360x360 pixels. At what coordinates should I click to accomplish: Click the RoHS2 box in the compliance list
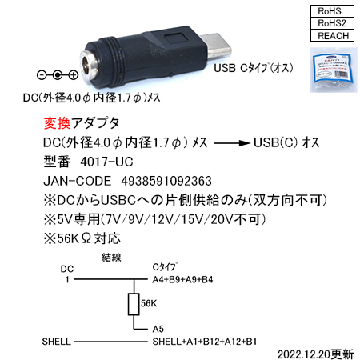332,23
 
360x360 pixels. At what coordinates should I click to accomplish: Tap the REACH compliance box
332,35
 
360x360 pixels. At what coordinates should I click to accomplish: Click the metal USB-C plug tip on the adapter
216,45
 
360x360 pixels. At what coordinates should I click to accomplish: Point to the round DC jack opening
90,65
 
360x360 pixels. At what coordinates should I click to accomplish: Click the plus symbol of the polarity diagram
73,75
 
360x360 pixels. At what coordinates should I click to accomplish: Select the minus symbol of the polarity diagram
42,75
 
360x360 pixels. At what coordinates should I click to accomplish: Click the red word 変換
58,123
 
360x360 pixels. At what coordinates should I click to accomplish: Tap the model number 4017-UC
106,162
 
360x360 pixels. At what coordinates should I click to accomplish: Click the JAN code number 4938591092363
166,181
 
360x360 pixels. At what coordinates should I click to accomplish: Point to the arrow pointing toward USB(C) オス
231,143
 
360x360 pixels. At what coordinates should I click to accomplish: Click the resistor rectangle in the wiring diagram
134,304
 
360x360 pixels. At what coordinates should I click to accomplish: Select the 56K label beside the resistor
149,303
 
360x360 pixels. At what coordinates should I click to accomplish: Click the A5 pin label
158,329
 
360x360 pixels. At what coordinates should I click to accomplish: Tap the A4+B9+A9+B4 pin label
182,279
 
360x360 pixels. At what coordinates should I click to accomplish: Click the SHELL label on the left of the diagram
56,342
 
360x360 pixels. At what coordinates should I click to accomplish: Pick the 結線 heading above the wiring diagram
111,258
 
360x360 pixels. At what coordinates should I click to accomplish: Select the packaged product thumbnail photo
334,70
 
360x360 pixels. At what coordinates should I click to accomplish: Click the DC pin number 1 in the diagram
67,279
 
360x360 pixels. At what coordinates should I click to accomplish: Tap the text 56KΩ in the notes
74,238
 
